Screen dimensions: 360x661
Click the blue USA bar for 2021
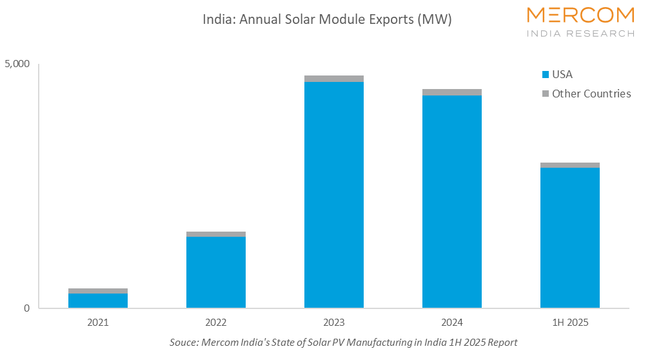tap(98, 301)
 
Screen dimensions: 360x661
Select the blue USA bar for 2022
tap(216, 272)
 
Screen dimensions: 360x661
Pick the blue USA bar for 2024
tap(452, 201)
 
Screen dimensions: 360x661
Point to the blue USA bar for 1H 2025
tap(570, 237)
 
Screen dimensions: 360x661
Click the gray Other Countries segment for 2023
tap(334, 79)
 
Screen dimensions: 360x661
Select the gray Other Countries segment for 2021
tap(98, 291)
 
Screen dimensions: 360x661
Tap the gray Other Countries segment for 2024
tap(452, 92)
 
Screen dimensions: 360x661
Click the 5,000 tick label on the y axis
tap(17, 65)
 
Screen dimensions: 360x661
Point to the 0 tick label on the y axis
tap(26, 308)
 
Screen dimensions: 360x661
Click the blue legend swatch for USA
tap(546, 75)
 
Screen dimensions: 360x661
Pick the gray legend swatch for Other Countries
tap(546, 94)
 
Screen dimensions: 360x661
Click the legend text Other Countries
tap(591, 94)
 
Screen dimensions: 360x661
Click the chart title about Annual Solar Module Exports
tap(327, 19)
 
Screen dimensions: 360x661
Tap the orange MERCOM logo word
tap(580, 15)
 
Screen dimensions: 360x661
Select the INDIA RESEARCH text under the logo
tap(580, 33)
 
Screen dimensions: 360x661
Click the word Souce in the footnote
tap(183, 342)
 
